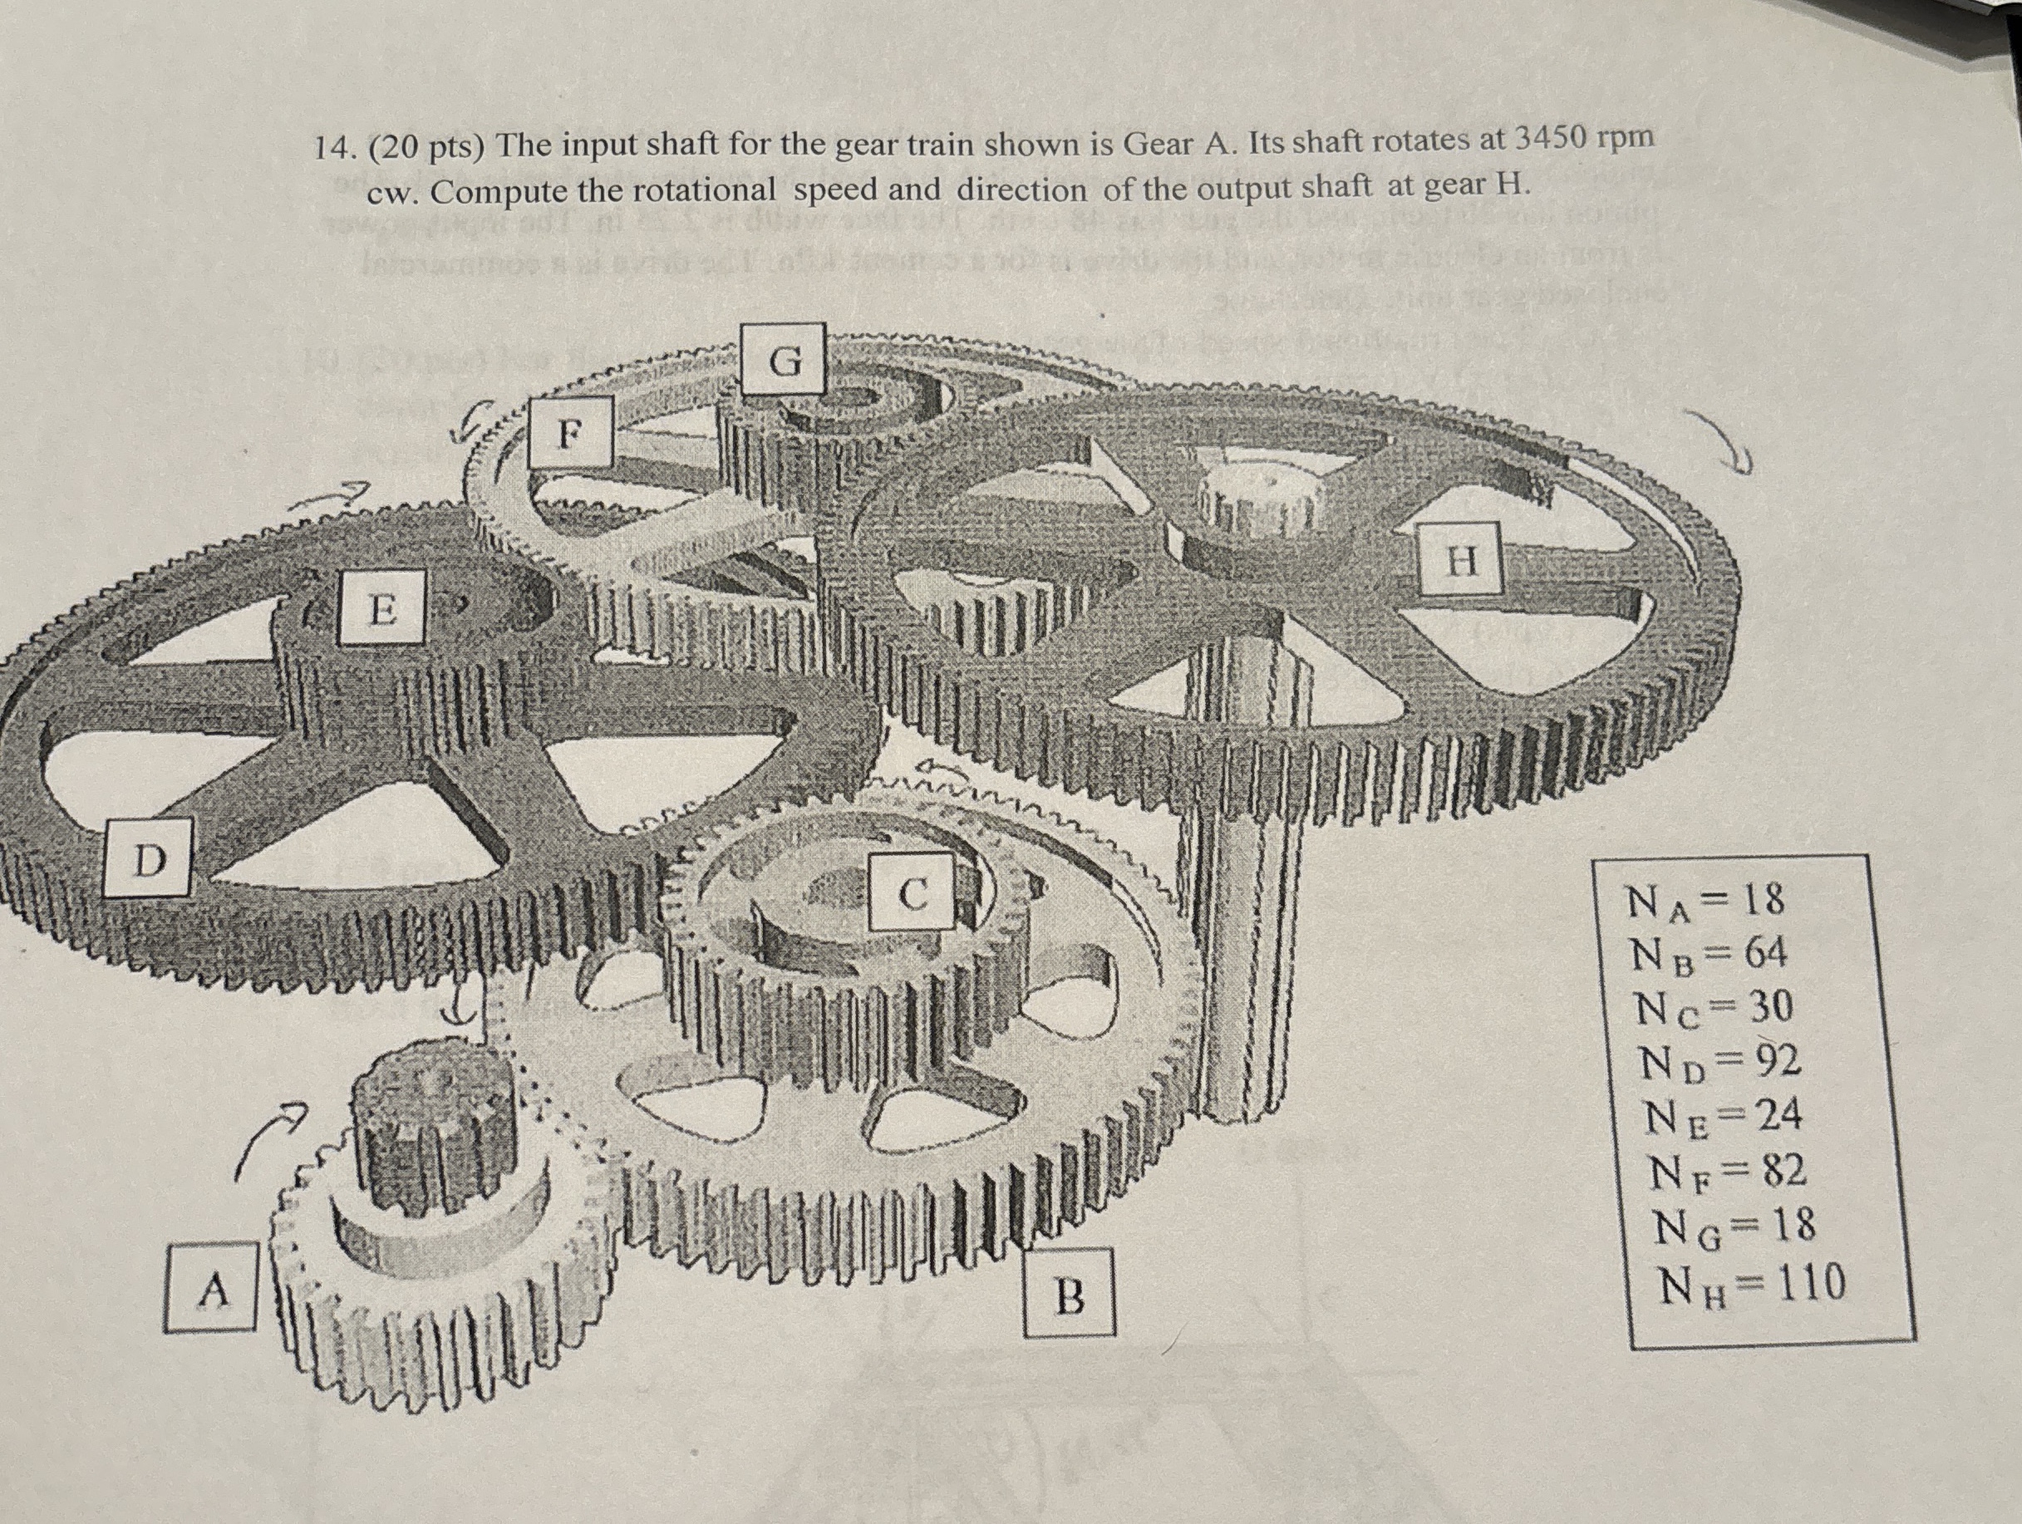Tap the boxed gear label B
pyautogui.click(x=1070, y=1295)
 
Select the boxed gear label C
pyautogui.click(x=912, y=893)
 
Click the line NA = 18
pyautogui.click(x=1705, y=902)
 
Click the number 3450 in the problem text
pyautogui.click(x=1549, y=137)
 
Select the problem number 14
pyautogui.click(x=331, y=148)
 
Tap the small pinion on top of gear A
pyautogui.click(x=430, y=1111)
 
